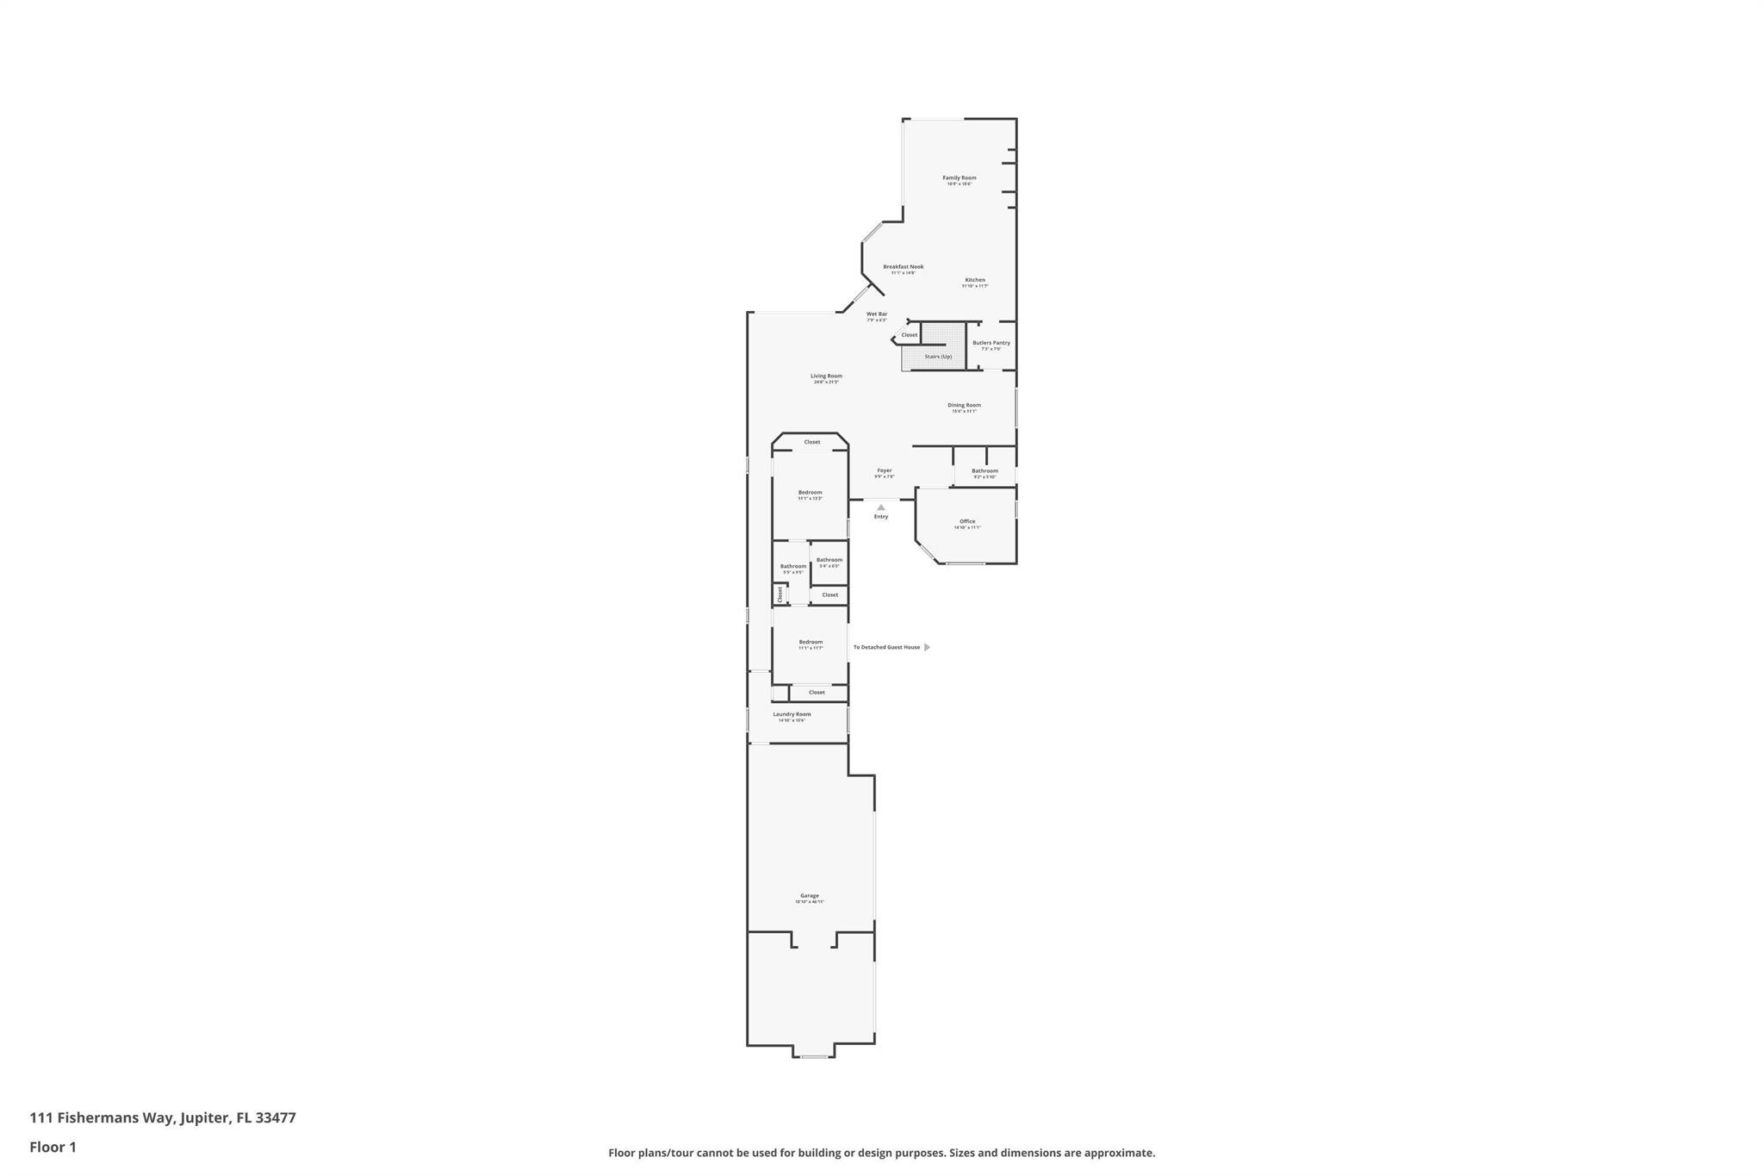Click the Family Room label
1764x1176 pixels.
coord(959,178)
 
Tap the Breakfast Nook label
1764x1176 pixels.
coord(903,267)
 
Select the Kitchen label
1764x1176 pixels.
coord(974,280)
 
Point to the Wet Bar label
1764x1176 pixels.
coord(876,314)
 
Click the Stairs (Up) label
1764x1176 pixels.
coord(938,357)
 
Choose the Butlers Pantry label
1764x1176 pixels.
coord(991,343)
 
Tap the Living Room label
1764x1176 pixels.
coord(826,376)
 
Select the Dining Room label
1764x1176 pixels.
coord(964,406)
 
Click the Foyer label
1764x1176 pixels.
coord(884,471)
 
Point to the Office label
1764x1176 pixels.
coord(967,522)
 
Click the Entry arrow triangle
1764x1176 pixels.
coord(880,507)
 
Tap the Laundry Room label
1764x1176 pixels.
coord(792,714)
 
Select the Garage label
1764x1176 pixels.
coord(810,896)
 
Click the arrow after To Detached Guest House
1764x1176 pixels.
coord(927,647)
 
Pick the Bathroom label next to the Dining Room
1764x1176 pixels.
coord(984,471)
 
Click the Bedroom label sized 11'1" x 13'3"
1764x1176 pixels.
coord(810,493)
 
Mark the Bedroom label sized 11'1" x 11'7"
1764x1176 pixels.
coord(811,642)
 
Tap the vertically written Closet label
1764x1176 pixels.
coord(780,594)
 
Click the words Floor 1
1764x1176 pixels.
coord(53,1147)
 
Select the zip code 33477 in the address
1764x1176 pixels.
coord(275,1117)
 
